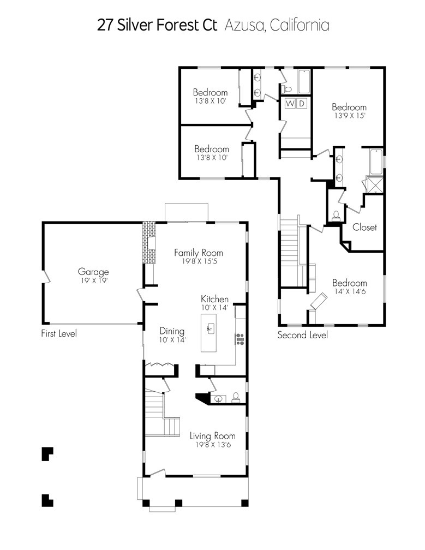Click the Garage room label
pos(93,272)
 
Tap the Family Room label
pos(199,253)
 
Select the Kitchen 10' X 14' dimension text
pos(214,308)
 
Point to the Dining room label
pos(172,331)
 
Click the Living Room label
pos(213,436)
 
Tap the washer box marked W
pos(290,104)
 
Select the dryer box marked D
pos(302,104)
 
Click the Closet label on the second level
pos(364,228)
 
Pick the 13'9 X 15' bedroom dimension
pos(349,116)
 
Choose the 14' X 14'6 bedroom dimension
pos(349,291)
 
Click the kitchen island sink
pos(211,328)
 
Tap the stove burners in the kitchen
pos(240,339)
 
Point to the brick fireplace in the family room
pos(149,242)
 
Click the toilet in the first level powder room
pos(236,397)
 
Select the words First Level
pos(59,333)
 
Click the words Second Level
pos(303,335)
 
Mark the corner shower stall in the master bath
pos(374,184)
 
